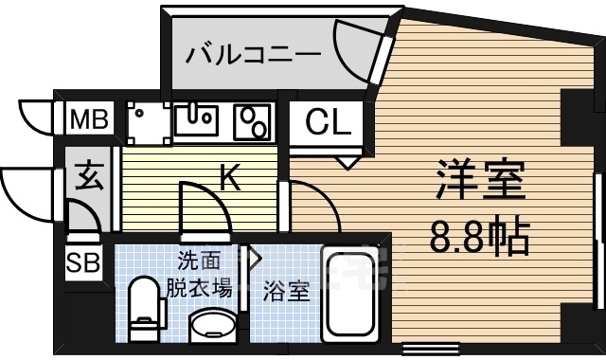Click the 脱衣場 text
(200, 288)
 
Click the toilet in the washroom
(144, 305)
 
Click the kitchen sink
(196, 119)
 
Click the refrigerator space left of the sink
(145, 121)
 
